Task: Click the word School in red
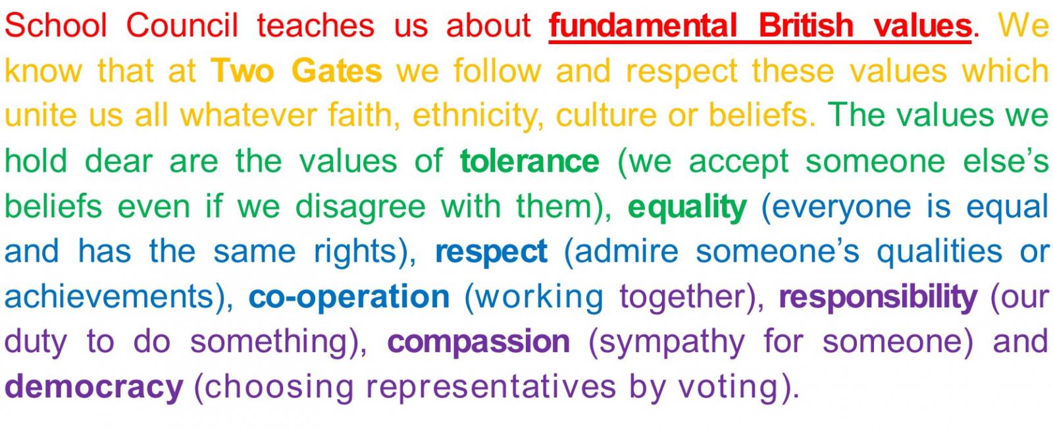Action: coord(56,25)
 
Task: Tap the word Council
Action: coord(182,25)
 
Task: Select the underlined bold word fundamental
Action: coord(642,25)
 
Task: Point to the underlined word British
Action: coord(806,25)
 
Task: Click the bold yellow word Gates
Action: coord(336,70)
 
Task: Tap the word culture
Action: coord(607,116)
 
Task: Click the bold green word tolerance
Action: coord(530,161)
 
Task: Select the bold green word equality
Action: coord(687,207)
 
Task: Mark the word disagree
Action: coord(361,207)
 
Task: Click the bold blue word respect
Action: coord(491,252)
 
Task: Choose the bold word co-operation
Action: coord(349,297)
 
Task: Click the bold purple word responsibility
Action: coord(878,297)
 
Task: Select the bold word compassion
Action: coord(478,342)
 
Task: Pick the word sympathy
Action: coord(667,341)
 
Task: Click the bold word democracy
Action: coord(93,387)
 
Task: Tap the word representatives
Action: coord(491,387)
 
